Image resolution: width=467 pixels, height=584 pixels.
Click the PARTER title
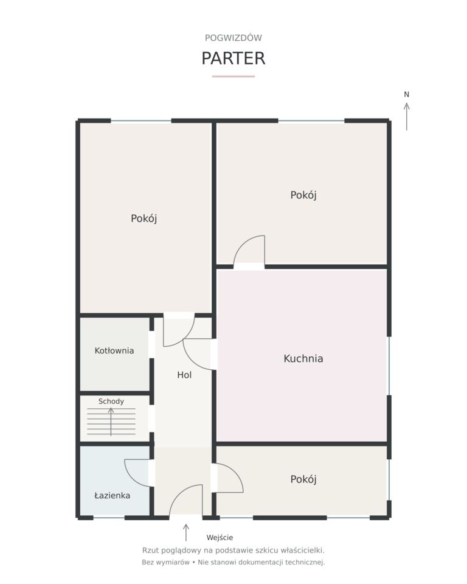(233, 58)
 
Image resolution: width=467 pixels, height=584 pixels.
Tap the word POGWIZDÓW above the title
(233, 38)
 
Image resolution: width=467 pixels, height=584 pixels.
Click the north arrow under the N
(407, 117)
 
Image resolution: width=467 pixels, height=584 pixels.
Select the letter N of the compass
(407, 95)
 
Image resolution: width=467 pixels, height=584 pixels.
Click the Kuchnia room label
(303, 358)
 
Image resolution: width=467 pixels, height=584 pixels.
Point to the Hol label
(184, 375)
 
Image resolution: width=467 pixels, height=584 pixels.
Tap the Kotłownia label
(114, 350)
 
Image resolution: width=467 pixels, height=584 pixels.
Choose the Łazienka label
(112, 495)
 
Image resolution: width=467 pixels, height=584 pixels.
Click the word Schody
(111, 401)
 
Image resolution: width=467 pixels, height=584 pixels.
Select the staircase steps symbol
(111, 422)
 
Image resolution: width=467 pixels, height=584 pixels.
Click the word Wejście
(220, 537)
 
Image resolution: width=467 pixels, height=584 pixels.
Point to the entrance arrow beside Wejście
(186, 533)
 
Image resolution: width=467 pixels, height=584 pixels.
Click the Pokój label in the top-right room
(303, 195)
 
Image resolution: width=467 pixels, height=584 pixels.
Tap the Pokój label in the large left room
(144, 218)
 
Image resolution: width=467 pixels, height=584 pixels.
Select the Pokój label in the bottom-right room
(303, 479)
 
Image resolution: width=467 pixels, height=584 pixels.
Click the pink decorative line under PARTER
(233, 77)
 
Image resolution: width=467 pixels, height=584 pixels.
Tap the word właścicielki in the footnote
(302, 550)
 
